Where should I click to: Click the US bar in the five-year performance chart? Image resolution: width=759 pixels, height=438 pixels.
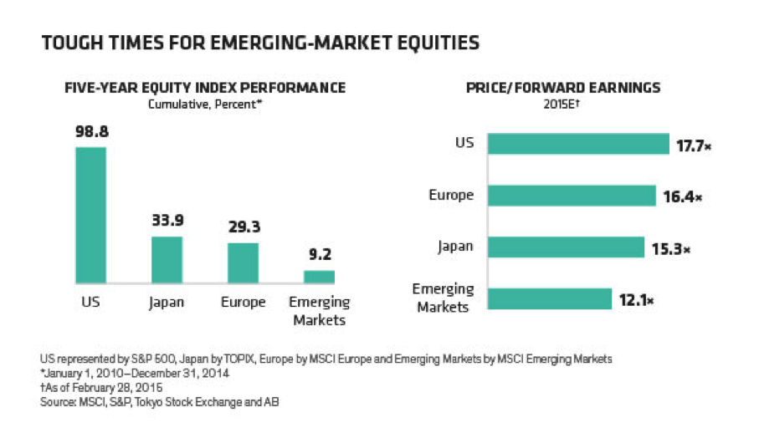pyautogui.click(x=90, y=215)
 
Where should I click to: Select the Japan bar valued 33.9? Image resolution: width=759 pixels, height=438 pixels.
pyautogui.click(x=167, y=260)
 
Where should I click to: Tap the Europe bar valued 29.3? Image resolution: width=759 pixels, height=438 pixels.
pyautogui.click(x=243, y=263)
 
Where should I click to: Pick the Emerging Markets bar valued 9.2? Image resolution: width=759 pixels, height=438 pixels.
pyautogui.click(x=319, y=277)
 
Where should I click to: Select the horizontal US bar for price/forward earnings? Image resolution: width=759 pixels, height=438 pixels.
pyautogui.click(x=578, y=144)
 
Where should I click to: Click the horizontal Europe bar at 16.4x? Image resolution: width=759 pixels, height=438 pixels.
pyautogui.click(x=572, y=196)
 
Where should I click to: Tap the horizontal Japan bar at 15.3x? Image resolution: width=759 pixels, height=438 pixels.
pyautogui.click(x=566, y=247)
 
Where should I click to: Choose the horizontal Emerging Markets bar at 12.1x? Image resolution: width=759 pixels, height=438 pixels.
pyautogui.click(x=550, y=299)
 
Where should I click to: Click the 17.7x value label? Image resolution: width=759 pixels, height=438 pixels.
pyautogui.click(x=693, y=145)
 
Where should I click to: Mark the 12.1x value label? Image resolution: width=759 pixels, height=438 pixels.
pyautogui.click(x=635, y=300)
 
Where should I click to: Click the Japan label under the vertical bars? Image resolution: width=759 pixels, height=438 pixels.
pyautogui.click(x=167, y=302)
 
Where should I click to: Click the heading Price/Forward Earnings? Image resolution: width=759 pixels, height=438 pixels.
pyautogui.click(x=566, y=88)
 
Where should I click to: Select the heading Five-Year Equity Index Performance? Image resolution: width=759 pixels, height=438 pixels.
pyautogui.click(x=205, y=88)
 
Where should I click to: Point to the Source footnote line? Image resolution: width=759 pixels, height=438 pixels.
pyautogui.click(x=160, y=402)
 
